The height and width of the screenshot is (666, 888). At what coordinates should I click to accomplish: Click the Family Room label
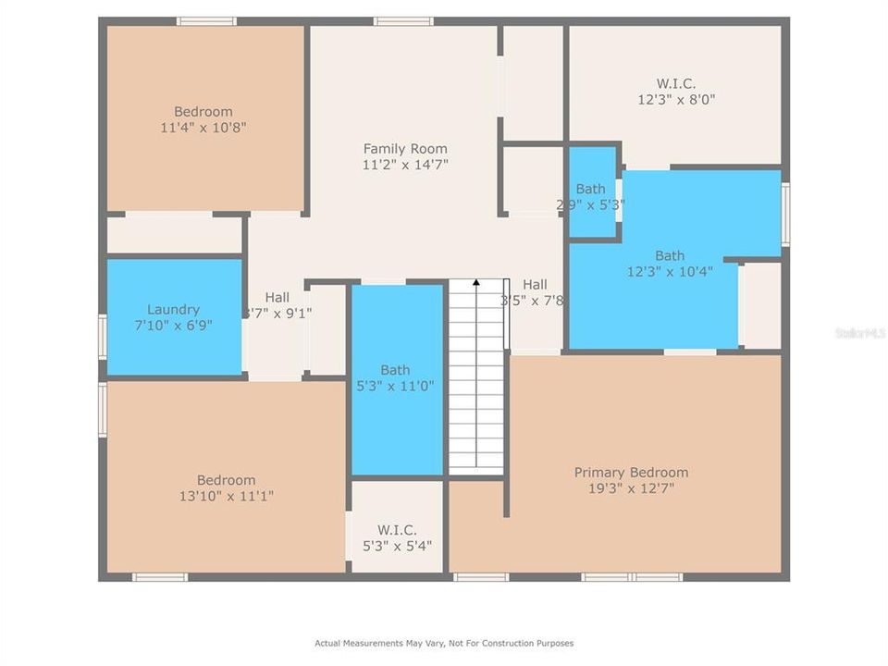coord(404,148)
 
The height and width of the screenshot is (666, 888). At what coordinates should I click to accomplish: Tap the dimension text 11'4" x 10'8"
coord(203,128)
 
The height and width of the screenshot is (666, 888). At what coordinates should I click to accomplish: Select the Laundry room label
coord(173,310)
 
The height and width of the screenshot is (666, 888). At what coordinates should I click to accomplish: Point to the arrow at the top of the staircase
coord(476,283)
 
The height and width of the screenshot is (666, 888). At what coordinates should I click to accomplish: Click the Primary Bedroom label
coord(631,472)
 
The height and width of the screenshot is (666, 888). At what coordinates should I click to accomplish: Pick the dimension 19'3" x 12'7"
coord(631,487)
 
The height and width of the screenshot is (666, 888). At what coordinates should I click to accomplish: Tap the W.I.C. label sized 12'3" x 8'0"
coord(677,83)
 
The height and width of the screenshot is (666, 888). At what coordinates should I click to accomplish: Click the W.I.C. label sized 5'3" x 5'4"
coord(397,530)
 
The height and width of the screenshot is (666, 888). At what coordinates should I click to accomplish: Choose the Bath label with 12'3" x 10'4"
coord(670,256)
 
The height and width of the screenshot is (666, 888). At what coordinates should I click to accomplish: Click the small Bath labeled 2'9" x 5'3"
coord(590,189)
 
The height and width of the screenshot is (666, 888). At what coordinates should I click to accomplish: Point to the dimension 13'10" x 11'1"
coord(226,496)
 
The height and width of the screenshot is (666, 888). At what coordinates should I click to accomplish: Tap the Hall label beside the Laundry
coord(277,297)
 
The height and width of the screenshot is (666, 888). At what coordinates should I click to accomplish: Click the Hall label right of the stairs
coord(535,285)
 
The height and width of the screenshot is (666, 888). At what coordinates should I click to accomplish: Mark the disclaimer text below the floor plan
coord(444,643)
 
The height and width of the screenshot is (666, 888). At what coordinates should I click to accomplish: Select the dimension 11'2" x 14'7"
coord(404,165)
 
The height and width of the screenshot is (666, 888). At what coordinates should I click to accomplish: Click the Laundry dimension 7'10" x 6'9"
coord(173,327)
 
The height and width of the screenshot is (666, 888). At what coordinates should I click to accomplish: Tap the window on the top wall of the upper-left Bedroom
coord(206,21)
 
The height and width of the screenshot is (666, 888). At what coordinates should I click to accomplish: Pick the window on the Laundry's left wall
coord(103,335)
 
